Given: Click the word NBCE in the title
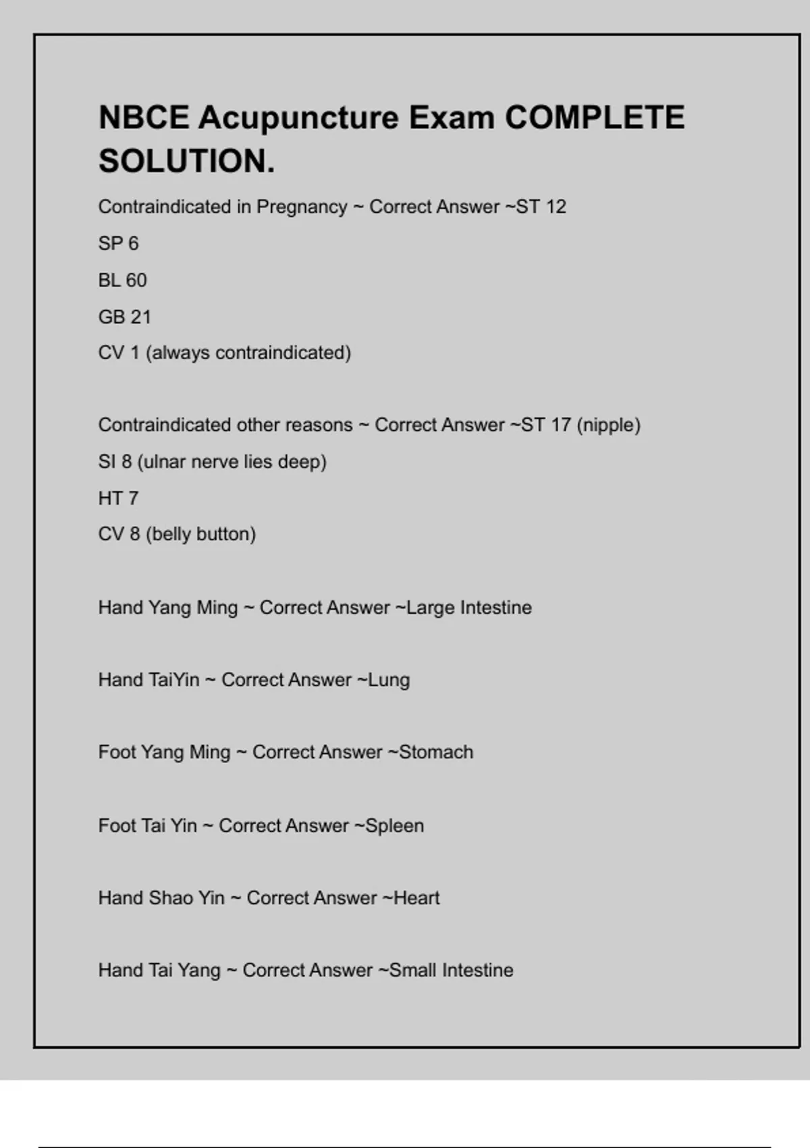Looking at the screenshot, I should (144, 118).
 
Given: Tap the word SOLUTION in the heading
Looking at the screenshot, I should (186, 161).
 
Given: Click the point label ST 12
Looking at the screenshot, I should (541, 207).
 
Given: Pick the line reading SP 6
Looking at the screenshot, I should (118, 243).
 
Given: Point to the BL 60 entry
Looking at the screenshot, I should (122, 280).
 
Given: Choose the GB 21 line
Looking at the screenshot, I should (124, 317).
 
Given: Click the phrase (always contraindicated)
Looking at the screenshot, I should (248, 353).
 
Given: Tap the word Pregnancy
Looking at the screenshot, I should (302, 207).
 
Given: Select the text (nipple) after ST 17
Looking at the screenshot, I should (608, 425).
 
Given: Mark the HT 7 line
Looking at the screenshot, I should (118, 498).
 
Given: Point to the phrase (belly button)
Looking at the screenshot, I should (200, 534).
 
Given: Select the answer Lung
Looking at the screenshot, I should (389, 680).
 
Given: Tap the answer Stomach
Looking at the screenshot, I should (436, 752).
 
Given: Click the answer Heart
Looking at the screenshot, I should (416, 898).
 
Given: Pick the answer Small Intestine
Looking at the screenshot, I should (452, 970).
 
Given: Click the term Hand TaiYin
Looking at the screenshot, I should (148, 680).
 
